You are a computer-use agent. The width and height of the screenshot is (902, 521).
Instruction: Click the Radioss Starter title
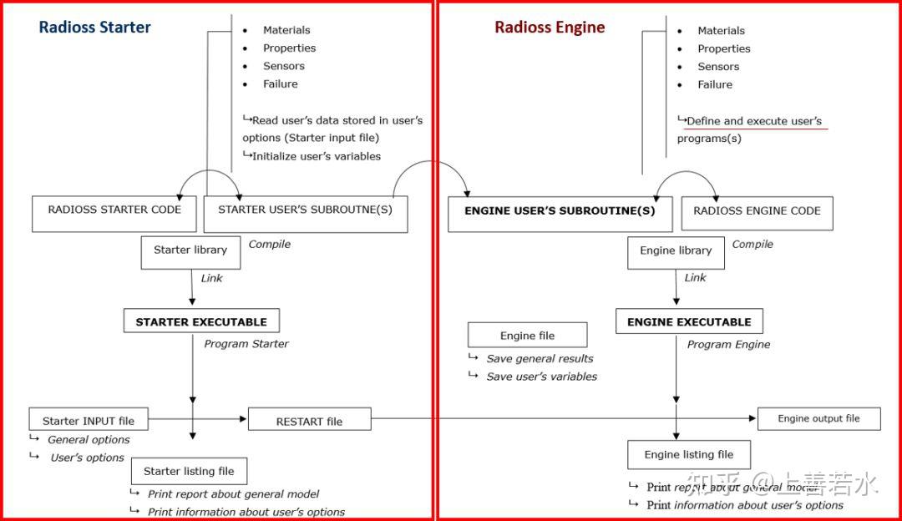pos(94,27)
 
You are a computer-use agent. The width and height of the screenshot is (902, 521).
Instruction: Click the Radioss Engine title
pos(549,27)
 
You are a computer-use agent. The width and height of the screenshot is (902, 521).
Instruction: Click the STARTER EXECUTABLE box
pos(201,321)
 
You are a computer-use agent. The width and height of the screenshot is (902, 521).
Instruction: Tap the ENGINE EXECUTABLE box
pos(689,321)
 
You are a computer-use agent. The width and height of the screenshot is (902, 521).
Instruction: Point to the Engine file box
pos(527,336)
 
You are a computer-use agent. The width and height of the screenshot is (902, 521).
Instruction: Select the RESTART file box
pos(309,420)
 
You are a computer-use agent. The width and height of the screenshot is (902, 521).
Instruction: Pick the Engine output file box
pos(818,418)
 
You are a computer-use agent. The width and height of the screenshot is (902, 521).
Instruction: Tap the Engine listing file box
pos(688,455)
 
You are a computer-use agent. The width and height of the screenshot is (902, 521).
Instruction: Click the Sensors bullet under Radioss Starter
pos(283,66)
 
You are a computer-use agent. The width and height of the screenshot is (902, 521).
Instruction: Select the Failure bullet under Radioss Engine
pos(715,84)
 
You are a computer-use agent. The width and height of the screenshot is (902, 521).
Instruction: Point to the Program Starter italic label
pos(246,344)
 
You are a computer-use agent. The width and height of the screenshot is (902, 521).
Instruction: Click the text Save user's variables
pos(541,377)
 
